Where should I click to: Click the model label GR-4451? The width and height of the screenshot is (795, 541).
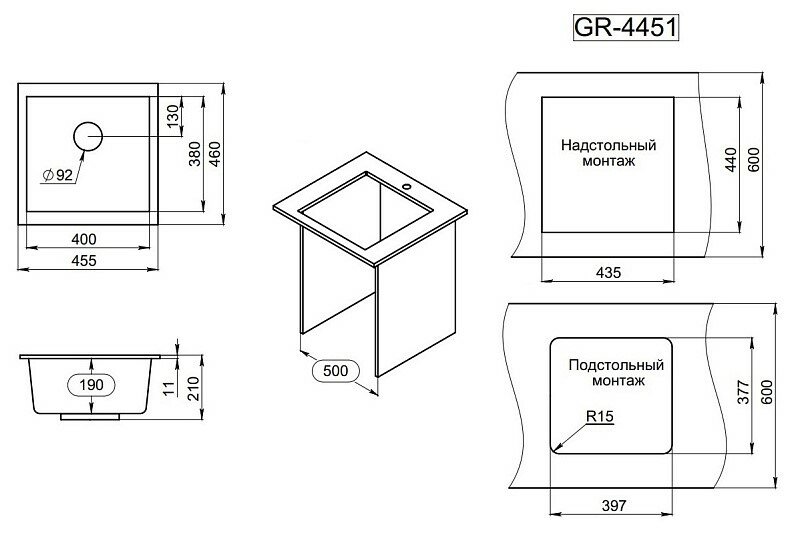(625, 27)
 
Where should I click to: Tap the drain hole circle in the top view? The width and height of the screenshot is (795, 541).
(88, 136)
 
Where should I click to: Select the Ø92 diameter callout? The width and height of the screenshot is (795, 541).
(59, 175)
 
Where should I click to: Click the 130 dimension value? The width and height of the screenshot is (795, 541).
(172, 117)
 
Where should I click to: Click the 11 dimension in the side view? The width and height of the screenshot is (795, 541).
(170, 383)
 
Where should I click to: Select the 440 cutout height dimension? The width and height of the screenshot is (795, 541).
(731, 160)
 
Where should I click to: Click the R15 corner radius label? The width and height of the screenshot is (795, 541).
(598, 418)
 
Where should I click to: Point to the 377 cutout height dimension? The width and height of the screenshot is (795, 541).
(742, 394)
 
